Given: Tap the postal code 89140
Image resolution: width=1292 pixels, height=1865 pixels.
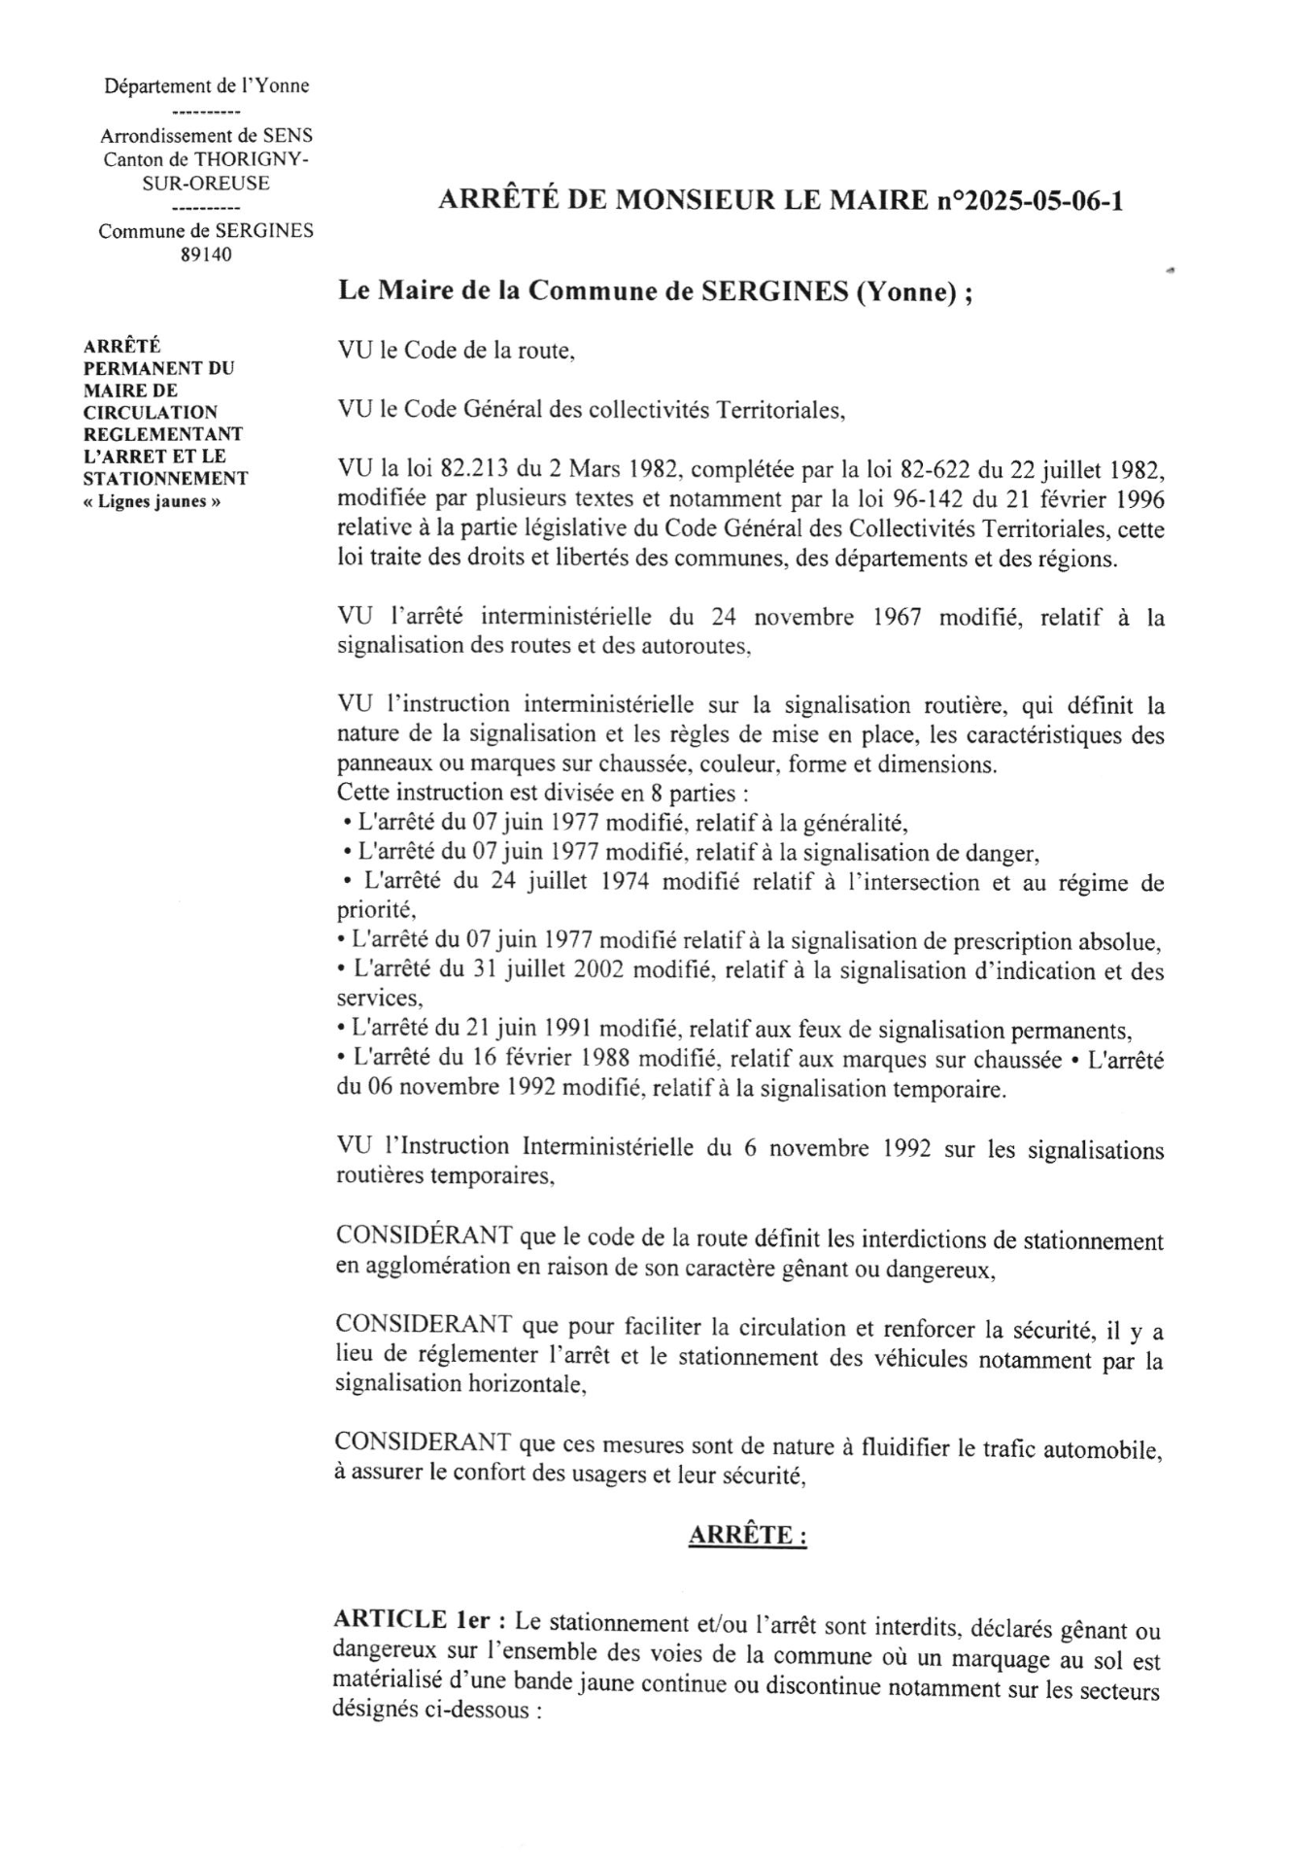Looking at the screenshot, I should coord(206,254).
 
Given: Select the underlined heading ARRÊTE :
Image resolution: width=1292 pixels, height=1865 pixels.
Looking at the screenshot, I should coord(747,1535).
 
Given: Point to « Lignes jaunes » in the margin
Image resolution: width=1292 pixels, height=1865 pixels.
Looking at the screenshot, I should coord(153,501).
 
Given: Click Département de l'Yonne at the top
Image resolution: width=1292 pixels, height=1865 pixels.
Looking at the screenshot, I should coord(207,85).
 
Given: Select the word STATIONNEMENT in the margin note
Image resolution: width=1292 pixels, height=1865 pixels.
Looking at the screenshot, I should coord(165,478).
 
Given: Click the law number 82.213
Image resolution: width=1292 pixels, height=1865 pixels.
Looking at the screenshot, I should coord(475,470).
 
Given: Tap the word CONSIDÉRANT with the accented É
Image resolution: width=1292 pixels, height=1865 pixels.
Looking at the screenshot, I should coord(424,1237).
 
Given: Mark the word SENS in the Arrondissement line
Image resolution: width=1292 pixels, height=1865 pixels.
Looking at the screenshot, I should coord(288,135).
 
